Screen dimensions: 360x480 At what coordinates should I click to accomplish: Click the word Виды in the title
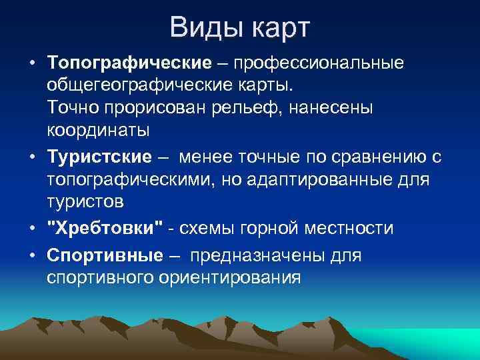[x=205, y=28]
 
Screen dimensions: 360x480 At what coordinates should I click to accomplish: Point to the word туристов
[x=85, y=201]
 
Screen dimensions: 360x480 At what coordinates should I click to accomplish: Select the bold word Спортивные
[x=105, y=255]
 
